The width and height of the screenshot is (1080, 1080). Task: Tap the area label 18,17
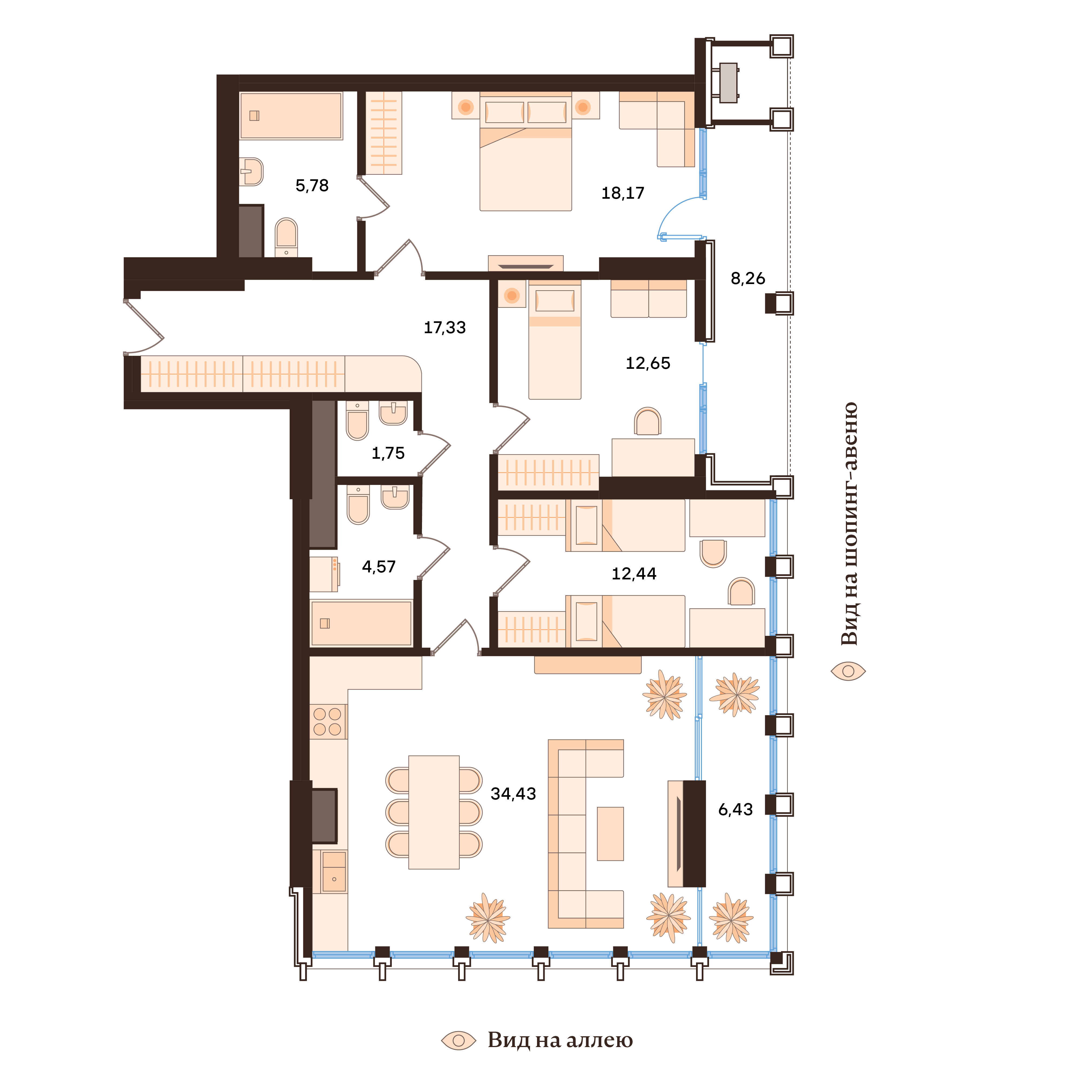623,193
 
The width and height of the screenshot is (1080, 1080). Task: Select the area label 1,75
388,453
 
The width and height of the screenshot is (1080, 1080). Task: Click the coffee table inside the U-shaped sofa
610,833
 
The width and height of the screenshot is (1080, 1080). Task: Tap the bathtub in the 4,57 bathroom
361,623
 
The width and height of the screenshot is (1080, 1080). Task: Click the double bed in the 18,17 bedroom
525,162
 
